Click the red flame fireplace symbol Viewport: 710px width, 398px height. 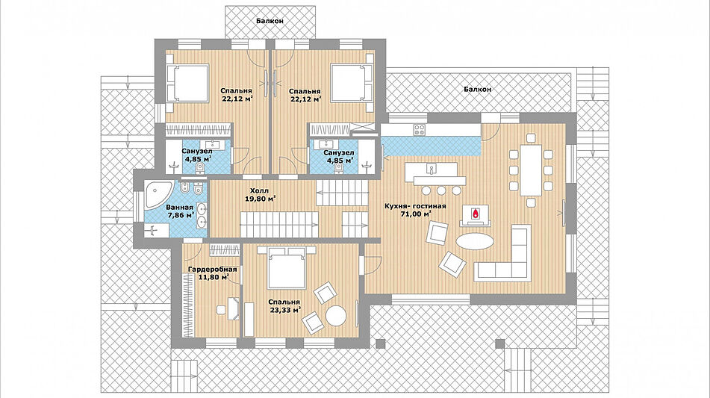pyautogui.click(x=475, y=213)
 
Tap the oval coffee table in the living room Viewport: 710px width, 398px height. pyautogui.click(x=475, y=241)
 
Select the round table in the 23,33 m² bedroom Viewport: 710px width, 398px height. pyautogui.click(x=337, y=316)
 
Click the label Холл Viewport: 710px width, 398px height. pyautogui.click(x=259, y=190)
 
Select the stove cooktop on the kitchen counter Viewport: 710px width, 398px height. pyautogui.click(x=420, y=130)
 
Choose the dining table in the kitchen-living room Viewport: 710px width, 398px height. pyautogui.click(x=531, y=170)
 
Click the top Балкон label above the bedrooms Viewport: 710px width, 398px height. pyautogui.click(x=270, y=21)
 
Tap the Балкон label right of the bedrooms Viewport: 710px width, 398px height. pyautogui.click(x=478, y=90)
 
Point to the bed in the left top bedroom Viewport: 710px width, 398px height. pyautogui.click(x=188, y=83)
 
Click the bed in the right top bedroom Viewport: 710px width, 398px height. pyautogui.click(x=352, y=83)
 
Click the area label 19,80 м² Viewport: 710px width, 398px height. pyautogui.click(x=261, y=199)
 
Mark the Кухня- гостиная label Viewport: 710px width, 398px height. pyautogui.click(x=415, y=207)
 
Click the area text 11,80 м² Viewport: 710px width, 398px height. pyautogui.click(x=214, y=277)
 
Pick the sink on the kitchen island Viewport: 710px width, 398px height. pyautogui.click(x=432, y=170)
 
